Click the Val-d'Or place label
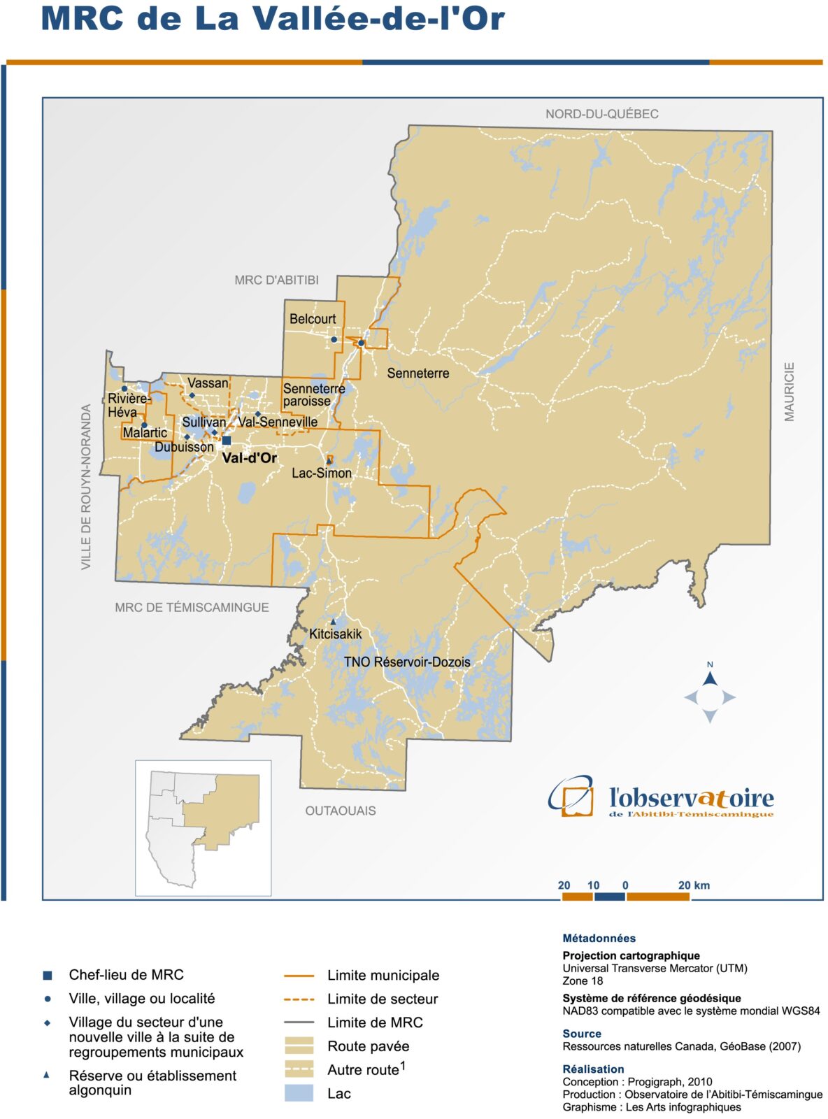coord(249,458)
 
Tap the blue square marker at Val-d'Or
coord(227,441)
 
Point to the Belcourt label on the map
coord(313,319)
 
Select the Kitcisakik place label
coord(336,634)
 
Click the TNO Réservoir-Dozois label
coord(407,662)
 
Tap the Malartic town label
coord(145,433)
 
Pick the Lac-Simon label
coord(322,473)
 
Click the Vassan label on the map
coord(208,383)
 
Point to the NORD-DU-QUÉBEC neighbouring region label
coord(601,114)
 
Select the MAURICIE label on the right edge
coord(790,392)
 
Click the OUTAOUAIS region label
coord(341,811)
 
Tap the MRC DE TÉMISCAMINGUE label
coord(192,607)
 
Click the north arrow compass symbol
coord(710,697)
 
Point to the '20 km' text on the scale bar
coord(694,885)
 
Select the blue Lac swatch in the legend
coord(299,1093)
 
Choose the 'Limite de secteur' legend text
coord(383,999)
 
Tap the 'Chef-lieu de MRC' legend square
coord(48,975)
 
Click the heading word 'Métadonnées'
coord(599,939)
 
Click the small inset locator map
coord(203,827)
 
